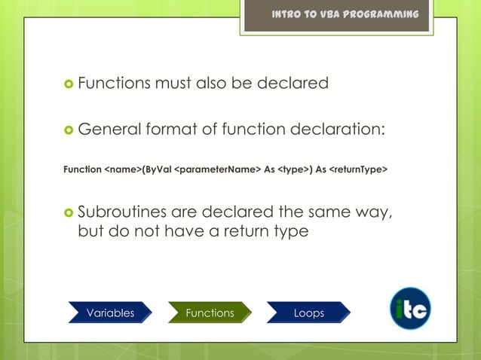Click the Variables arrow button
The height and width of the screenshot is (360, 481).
click(x=110, y=313)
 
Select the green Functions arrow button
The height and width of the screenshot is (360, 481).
click(x=210, y=313)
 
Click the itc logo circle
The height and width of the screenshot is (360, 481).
click(x=410, y=308)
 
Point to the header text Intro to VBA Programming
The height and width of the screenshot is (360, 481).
click(x=345, y=15)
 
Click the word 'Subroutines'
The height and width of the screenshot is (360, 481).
click(x=123, y=211)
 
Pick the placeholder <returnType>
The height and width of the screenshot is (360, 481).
click(x=358, y=169)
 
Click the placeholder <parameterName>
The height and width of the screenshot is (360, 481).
click(x=217, y=169)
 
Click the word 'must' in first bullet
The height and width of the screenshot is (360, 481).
click(x=173, y=83)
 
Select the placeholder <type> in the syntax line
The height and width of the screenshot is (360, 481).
click(x=293, y=169)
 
